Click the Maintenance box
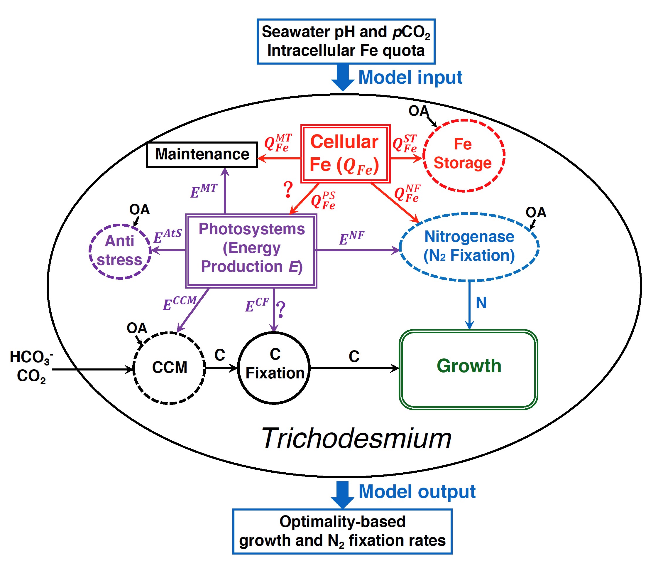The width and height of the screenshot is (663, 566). click(x=202, y=155)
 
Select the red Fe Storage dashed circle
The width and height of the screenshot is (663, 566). click(x=464, y=155)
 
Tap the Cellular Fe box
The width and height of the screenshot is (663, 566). click(x=345, y=154)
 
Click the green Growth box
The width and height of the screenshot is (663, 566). click(x=469, y=369)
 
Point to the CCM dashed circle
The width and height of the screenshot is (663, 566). click(x=169, y=368)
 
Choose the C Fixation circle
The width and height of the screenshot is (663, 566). click(x=274, y=368)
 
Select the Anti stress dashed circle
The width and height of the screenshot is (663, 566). click(x=120, y=251)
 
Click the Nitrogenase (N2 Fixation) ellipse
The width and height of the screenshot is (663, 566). click(x=469, y=247)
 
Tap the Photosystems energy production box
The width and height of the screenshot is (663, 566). click(x=251, y=251)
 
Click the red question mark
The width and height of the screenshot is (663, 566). click(x=288, y=190)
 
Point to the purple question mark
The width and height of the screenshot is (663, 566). click(x=281, y=309)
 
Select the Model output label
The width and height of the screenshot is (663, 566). click(x=417, y=492)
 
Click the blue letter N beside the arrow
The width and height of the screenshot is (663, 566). click(x=481, y=303)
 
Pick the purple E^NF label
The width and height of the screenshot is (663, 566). click(x=351, y=238)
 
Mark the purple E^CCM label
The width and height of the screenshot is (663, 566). click(x=180, y=303)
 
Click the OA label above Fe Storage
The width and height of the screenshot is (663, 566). click(x=418, y=111)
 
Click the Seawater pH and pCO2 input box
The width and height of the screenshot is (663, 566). click(x=346, y=42)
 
